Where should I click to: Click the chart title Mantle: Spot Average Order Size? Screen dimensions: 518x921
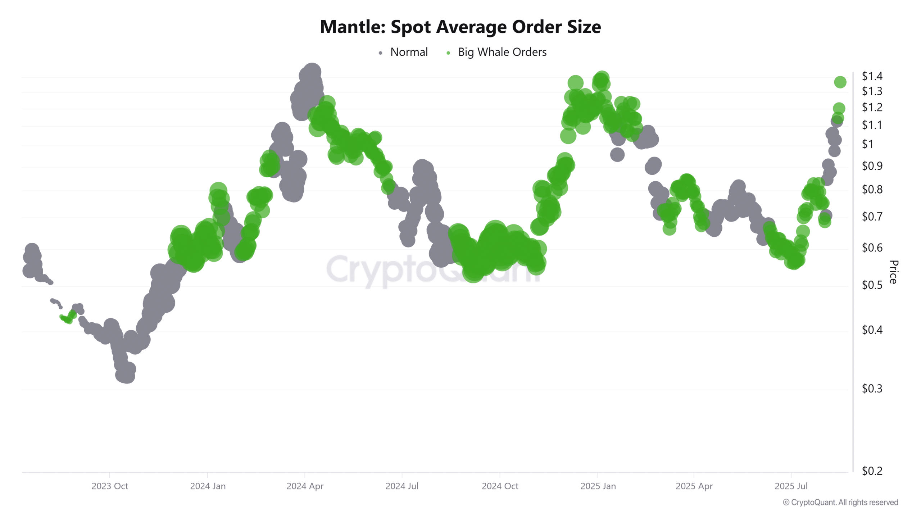(460, 27)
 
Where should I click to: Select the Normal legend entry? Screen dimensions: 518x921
(409, 52)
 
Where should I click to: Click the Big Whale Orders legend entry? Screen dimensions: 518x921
(502, 52)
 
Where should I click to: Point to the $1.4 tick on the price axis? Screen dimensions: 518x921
(872, 76)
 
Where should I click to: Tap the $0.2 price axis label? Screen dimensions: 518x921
(872, 471)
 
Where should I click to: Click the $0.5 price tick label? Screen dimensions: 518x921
(872, 285)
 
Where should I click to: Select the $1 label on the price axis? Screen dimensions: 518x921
(867, 144)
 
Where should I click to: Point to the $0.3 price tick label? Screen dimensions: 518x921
(872, 388)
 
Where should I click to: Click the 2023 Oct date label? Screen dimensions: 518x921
(110, 486)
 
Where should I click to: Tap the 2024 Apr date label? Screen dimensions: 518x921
(305, 486)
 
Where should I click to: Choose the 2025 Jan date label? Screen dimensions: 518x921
(598, 486)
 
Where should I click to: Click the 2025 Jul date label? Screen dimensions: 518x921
(791, 486)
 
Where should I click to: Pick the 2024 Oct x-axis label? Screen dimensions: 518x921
(500, 486)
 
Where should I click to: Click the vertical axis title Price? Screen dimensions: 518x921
(893, 272)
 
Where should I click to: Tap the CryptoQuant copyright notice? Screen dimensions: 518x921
(840, 502)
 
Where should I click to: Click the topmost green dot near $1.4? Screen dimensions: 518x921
(840, 82)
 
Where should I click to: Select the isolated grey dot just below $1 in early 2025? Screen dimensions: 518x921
(617, 155)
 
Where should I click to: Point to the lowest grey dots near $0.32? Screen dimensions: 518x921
(125, 376)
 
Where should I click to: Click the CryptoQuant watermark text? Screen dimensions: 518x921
(432, 270)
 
